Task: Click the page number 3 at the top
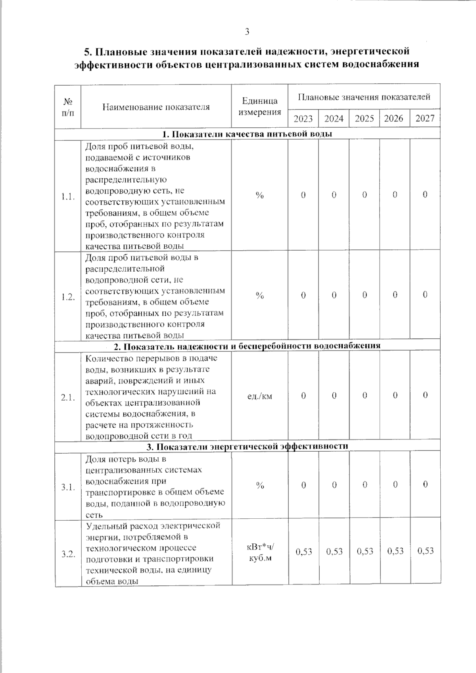click(247, 32)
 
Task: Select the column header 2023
click(303, 119)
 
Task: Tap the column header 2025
click(364, 119)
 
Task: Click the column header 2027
click(425, 119)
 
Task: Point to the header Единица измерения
click(260, 106)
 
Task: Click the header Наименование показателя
click(156, 107)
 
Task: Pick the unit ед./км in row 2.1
click(260, 396)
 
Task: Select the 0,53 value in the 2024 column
click(334, 551)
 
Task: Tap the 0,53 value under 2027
click(425, 551)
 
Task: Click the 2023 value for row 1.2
click(303, 295)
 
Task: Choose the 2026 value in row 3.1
click(395, 485)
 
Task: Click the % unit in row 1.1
click(260, 195)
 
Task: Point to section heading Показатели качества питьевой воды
click(247, 134)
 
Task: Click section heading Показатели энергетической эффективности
click(247, 447)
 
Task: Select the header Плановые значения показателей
click(364, 97)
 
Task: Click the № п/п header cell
click(68, 107)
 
